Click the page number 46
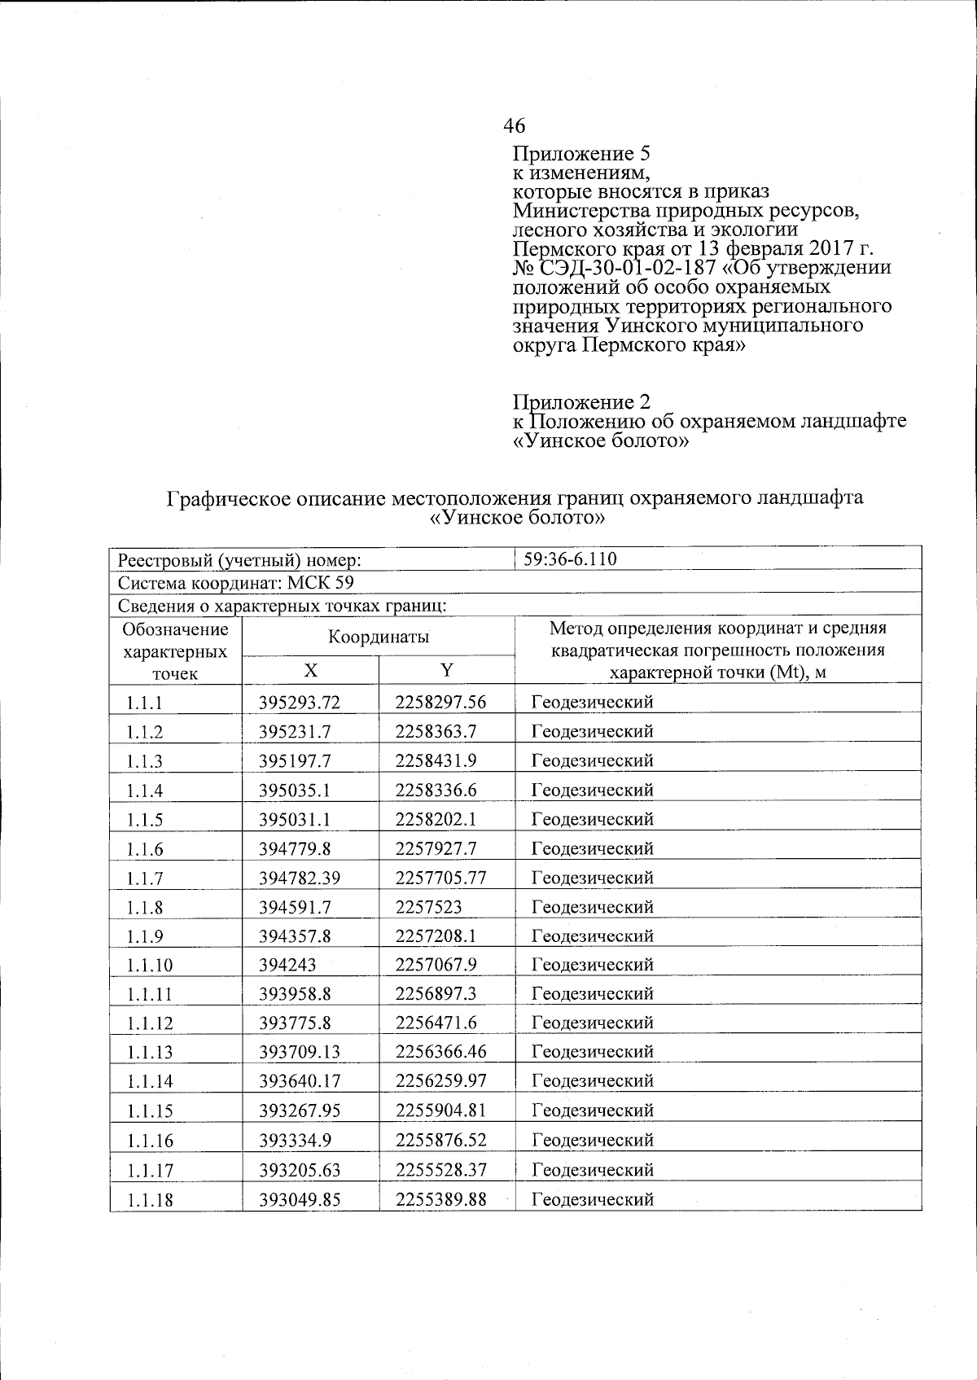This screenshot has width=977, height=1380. point(514,125)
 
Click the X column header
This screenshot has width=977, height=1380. point(310,670)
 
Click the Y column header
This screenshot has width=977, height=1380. point(446,670)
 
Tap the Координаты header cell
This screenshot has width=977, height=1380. point(379,637)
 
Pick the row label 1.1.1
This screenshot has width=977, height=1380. point(144,703)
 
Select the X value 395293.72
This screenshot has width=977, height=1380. point(299,702)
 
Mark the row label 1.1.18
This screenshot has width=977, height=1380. point(150,1200)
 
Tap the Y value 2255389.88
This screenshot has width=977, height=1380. point(440,1199)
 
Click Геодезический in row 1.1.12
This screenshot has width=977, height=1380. point(592,1023)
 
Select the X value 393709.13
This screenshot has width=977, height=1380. point(299,1052)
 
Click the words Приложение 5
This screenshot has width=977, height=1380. point(580,154)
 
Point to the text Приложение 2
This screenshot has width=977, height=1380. point(581,402)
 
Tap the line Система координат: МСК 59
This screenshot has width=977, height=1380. point(235,583)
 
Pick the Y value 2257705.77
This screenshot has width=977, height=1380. point(440,878)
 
